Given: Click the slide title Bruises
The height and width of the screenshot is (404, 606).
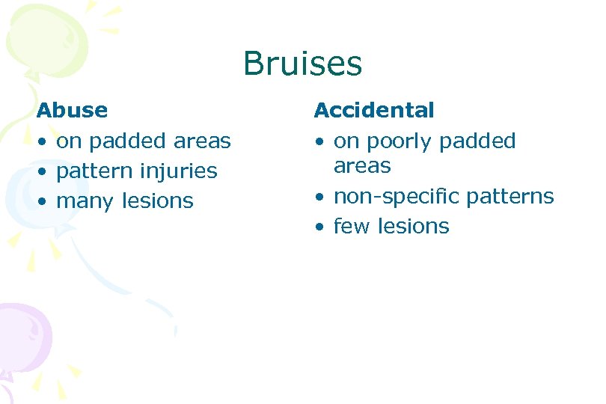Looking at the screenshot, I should [x=302, y=64].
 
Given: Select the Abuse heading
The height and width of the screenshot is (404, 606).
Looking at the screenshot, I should [x=72, y=111].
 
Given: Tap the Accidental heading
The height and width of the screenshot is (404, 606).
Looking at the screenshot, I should [x=373, y=111].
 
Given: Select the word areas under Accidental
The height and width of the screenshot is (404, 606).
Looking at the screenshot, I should [x=362, y=166].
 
